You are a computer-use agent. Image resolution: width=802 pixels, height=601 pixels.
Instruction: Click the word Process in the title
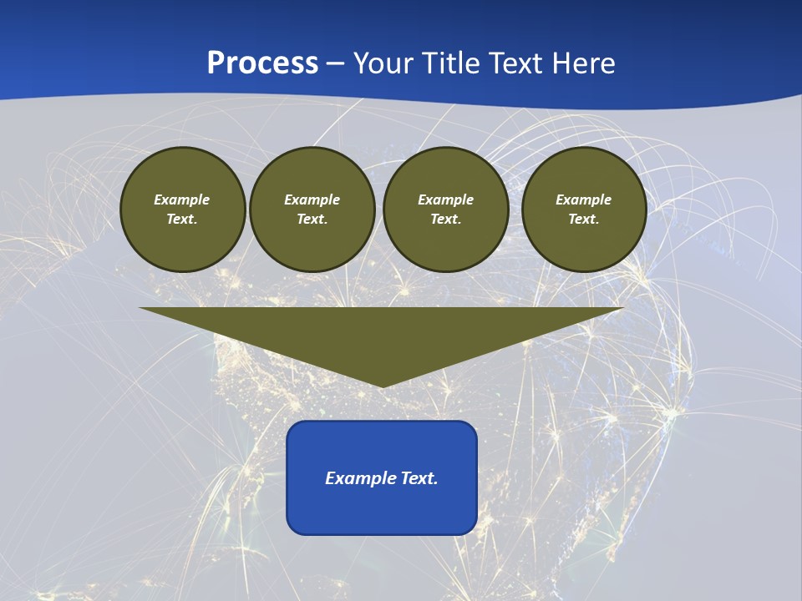(262, 63)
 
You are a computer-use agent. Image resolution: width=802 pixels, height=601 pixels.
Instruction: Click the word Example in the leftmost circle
(182, 199)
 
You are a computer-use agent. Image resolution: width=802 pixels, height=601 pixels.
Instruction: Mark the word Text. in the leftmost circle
(182, 219)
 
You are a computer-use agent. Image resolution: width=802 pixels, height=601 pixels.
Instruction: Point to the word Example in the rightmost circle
(583, 199)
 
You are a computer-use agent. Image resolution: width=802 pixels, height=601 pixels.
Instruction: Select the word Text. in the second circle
(312, 219)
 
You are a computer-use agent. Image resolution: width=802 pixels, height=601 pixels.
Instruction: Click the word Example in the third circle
(445, 199)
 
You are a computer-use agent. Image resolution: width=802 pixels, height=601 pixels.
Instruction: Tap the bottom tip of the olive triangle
(382, 385)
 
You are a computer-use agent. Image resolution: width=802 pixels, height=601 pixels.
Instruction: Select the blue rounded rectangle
(382, 509)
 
